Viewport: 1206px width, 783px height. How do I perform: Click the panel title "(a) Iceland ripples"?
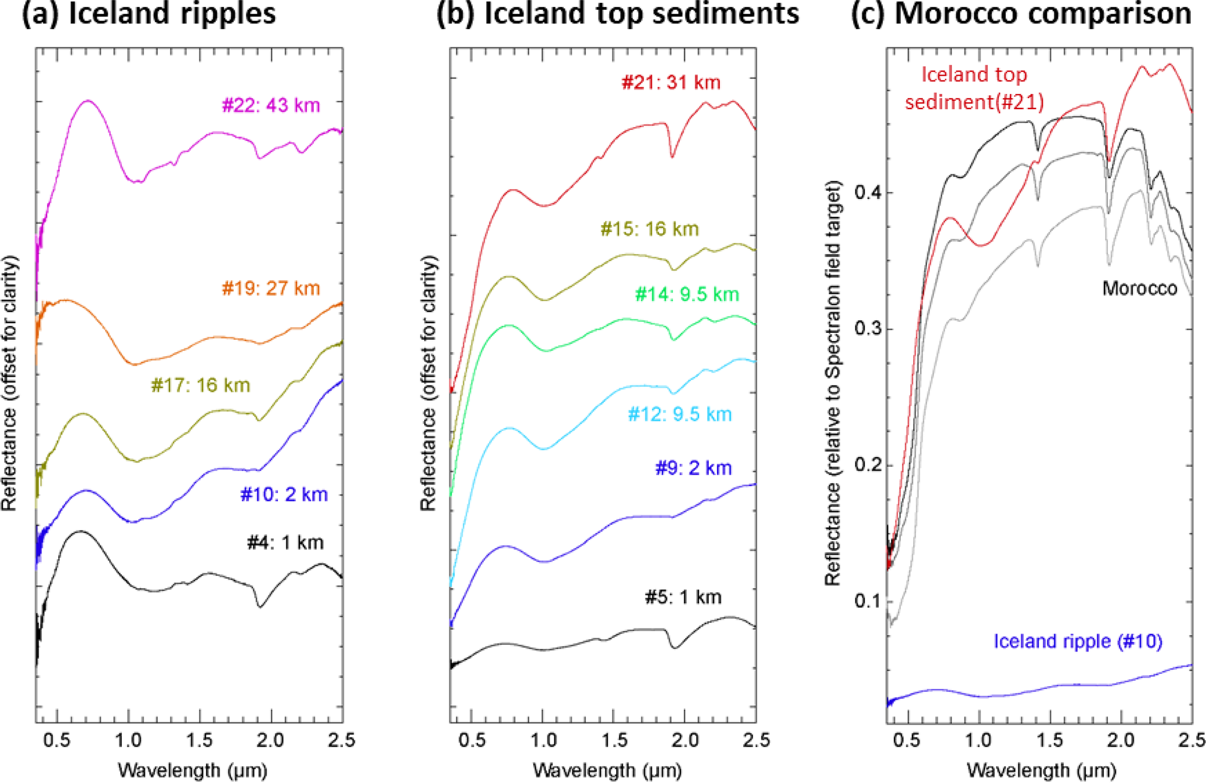(x=149, y=13)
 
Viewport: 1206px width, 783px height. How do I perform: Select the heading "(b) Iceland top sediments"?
(x=618, y=13)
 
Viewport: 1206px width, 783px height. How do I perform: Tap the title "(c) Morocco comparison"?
(x=1022, y=13)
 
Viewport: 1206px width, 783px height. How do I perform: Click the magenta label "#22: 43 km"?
(x=271, y=106)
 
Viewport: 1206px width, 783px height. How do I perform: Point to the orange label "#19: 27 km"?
(x=271, y=288)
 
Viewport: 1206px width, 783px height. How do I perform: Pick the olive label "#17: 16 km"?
(x=201, y=385)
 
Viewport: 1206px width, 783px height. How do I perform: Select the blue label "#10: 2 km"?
(x=284, y=494)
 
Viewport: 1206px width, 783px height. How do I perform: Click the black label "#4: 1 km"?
(x=285, y=543)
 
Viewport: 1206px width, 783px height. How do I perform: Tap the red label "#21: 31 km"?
(x=671, y=82)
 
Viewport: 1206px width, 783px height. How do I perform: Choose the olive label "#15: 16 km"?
(x=650, y=229)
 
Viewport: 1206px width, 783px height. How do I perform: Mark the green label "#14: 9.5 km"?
(x=687, y=294)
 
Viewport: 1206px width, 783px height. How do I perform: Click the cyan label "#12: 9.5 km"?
(x=680, y=415)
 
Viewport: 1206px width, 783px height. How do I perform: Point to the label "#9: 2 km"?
(x=694, y=468)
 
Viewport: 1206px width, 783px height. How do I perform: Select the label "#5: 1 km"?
(x=683, y=597)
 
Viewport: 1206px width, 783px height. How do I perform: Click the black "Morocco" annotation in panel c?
(x=1139, y=288)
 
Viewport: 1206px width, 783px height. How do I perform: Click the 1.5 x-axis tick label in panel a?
(x=200, y=740)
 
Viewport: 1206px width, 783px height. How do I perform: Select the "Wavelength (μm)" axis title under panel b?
(x=607, y=771)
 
